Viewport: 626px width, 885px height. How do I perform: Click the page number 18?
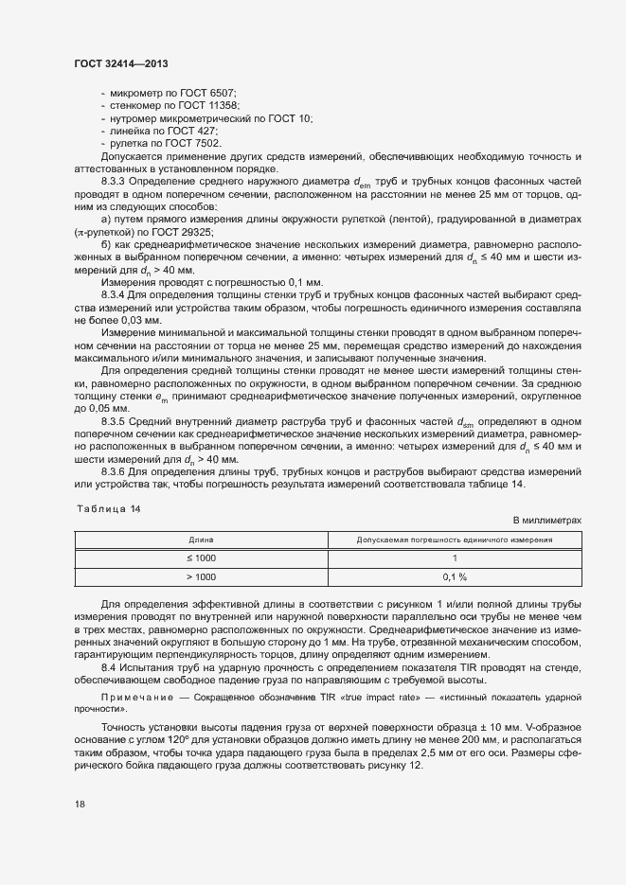pos(80,804)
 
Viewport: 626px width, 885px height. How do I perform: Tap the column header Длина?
pos(201,539)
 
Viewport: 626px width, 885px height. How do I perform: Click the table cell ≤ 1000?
pos(201,558)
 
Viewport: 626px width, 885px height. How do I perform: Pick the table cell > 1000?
pos(201,575)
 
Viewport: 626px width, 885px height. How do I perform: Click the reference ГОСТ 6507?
pos(206,95)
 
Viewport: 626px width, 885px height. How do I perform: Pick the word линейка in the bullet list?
pos(131,131)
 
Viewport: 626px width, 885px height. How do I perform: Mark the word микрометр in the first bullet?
pos(136,95)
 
